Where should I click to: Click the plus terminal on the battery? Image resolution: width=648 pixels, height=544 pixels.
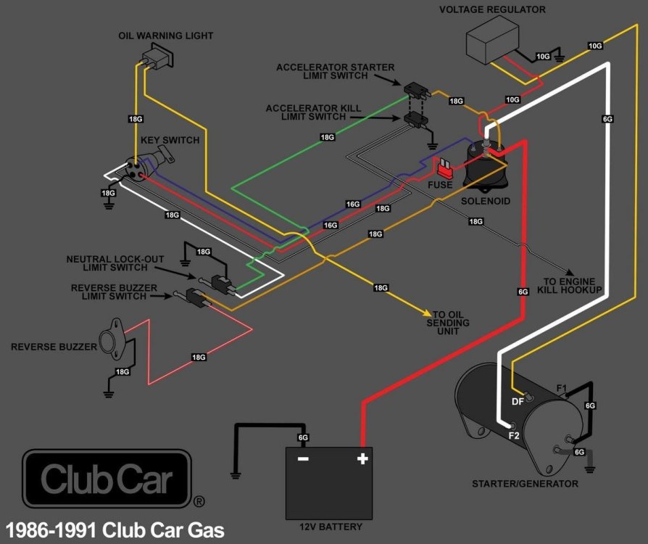(x=362, y=458)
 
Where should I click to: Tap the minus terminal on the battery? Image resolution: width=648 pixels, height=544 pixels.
(x=303, y=458)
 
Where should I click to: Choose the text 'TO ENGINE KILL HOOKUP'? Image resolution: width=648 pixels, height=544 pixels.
(x=570, y=285)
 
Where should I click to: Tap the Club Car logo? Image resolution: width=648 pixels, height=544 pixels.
(x=107, y=479)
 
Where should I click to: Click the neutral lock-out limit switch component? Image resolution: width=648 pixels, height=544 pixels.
(x=217, y=282)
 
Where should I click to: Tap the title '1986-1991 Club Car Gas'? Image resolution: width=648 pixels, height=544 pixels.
(x=115, y=529)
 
